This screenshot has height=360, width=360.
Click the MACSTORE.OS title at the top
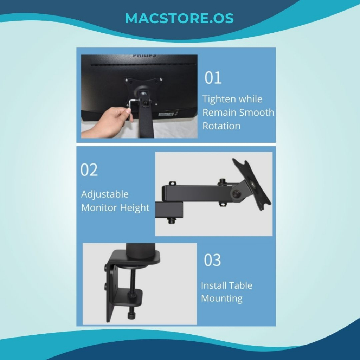coord(179,18)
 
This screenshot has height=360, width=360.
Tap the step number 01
coord(213,78)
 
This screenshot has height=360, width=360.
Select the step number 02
coord(89,170)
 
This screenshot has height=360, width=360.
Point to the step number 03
coord(212,260)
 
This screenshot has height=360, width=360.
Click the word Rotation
coord(221,126)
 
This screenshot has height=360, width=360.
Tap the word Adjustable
coord(105,194)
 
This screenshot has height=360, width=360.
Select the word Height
coord(135,208)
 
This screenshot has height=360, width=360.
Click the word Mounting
coord(222,299)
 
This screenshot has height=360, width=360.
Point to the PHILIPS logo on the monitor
coord(144,55)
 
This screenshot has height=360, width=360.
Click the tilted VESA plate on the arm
coord(251,184)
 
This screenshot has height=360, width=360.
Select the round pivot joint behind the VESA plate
coord(236,194)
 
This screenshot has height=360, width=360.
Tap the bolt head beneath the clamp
coord(131,316)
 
